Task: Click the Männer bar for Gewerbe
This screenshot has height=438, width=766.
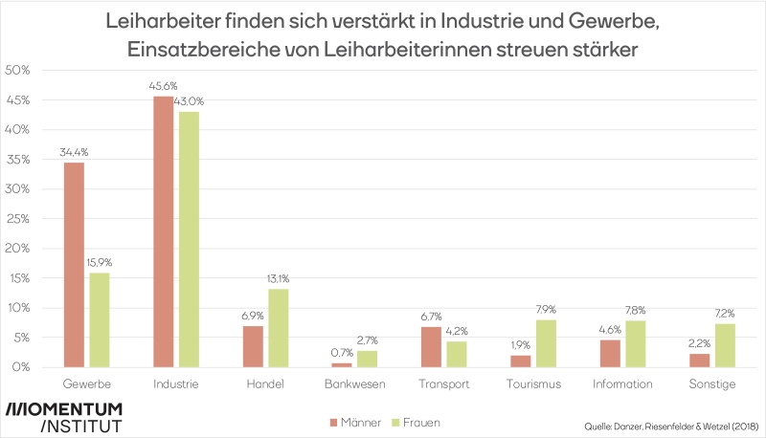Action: coord(74,265)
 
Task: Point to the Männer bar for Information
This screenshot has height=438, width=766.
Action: coord(610,353)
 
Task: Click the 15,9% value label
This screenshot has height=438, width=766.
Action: coord(100,264)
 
